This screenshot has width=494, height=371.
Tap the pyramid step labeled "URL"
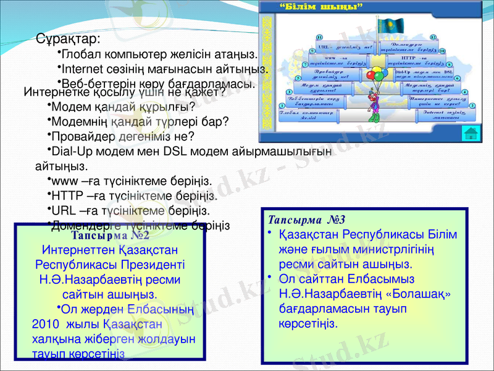(x=344, y=47)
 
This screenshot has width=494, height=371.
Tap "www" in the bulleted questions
(x=63, y=181)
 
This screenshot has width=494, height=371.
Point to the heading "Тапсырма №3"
(x=306, y=220)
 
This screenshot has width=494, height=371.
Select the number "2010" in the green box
(x=43, y=323)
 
